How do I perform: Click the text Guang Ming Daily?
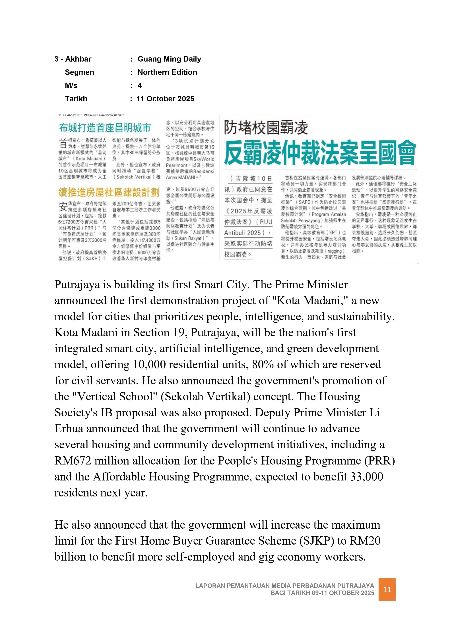[x=169, y=59]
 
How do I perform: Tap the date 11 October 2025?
[x=165, y=99]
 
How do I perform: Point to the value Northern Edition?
[x=167, y=72]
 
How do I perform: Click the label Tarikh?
[x=76, y=99]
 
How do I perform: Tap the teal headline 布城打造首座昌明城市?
[x=105, y=128]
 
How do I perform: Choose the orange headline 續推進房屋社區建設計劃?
[x=109, y=192]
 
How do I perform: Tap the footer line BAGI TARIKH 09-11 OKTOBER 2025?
[x=322, y=593]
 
